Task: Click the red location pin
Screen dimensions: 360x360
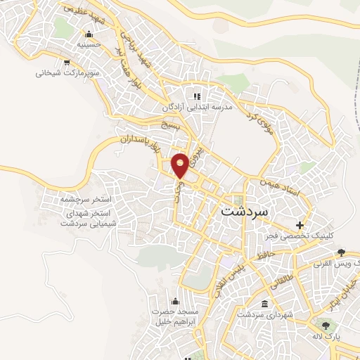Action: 181,165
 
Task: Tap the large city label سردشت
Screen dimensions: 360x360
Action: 245,210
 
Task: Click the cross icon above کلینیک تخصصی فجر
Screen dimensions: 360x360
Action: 300,226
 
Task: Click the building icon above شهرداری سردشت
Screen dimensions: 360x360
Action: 265,304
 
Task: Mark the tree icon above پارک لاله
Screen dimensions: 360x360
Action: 325,326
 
